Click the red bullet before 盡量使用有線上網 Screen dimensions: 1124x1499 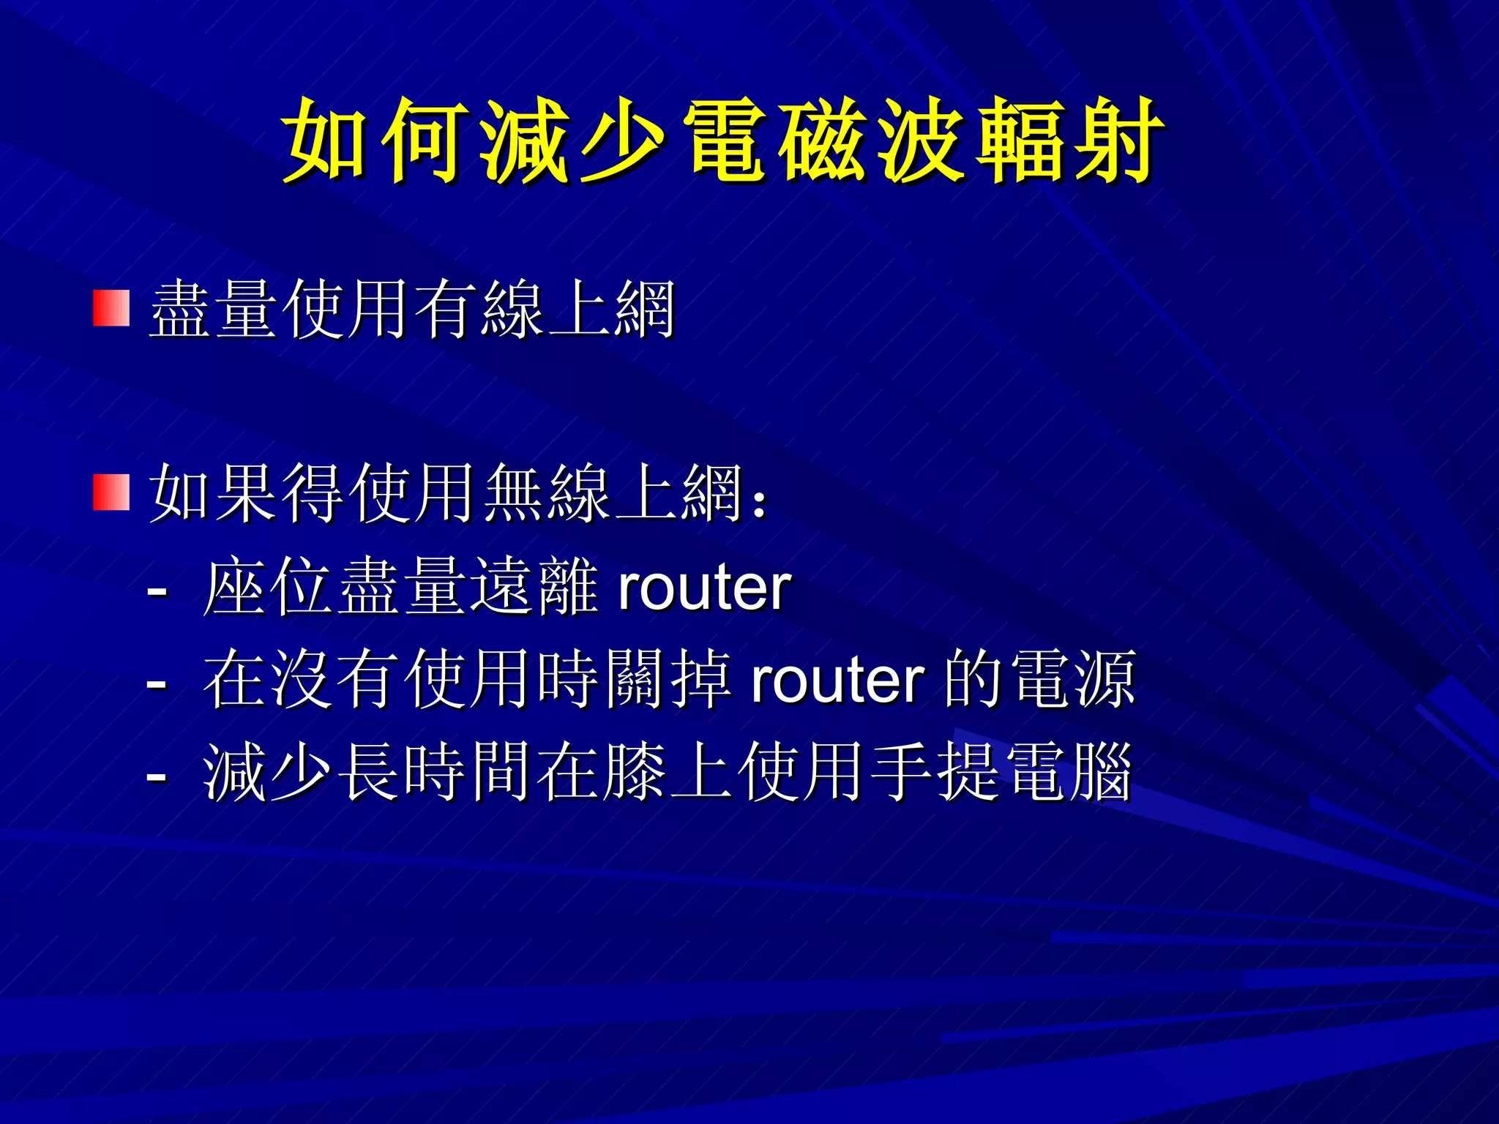click(111, 308)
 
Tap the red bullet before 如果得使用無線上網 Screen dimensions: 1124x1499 click(111, 492)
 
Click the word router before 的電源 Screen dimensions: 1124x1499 click(838, 681)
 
